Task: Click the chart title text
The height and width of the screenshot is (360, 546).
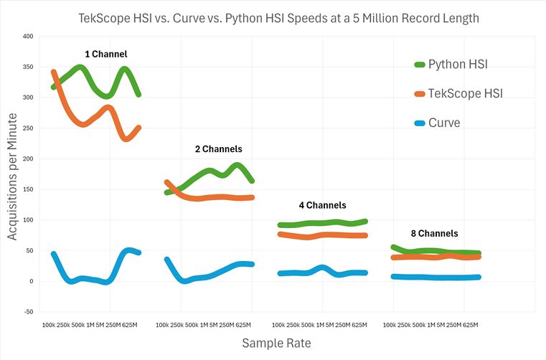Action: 278,18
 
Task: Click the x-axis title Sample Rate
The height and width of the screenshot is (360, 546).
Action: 277,344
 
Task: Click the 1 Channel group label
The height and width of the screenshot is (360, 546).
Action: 107,54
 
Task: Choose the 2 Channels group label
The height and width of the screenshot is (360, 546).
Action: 218,149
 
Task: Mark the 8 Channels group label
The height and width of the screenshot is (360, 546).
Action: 434,233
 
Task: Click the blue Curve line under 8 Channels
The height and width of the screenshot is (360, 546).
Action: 438,278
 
